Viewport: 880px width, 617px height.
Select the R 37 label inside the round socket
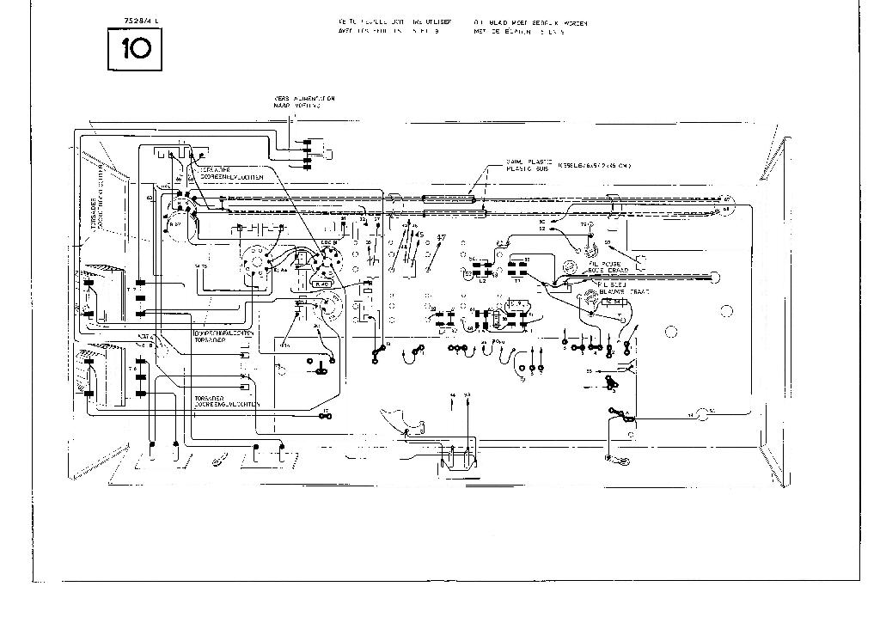point(176,223)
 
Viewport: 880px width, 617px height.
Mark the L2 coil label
point(481,281)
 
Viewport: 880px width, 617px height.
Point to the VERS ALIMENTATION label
point(304,99)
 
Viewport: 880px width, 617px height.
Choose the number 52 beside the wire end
point(541,229)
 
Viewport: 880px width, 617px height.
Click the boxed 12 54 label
point(613,302)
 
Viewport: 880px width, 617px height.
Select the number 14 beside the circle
point(691,415)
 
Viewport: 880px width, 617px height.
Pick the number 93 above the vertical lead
point(467,396)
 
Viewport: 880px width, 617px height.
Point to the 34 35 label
point(202,267)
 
